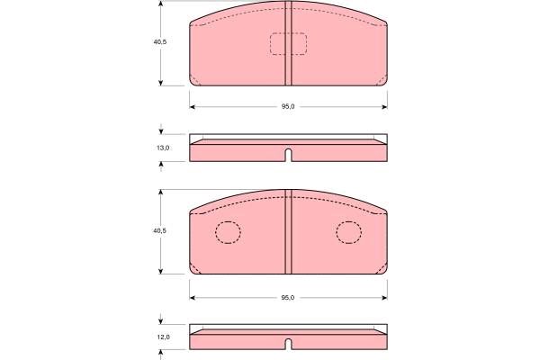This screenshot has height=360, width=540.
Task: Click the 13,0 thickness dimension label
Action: point(163,148)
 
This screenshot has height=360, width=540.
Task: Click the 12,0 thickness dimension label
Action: point(164,337)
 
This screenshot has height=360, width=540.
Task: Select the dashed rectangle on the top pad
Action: point(288,44)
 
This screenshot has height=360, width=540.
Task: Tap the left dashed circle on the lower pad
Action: point(228,232)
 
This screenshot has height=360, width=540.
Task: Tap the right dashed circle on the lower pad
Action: point(349,232)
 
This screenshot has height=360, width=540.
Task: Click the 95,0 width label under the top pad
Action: point(288,106)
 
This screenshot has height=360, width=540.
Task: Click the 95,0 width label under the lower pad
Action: point(288,298)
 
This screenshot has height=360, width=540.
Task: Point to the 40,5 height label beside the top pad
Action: point(160,42)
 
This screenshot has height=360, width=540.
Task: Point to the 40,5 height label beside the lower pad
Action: point(160,230)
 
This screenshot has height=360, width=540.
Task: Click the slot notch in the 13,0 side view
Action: point(289,155)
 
